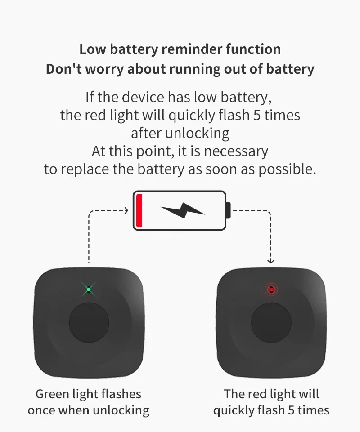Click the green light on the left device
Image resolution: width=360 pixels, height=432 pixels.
pyautogui.click(x=89, y=289)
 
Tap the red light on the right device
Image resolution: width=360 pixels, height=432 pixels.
pyautogui.click(x=271, y=290)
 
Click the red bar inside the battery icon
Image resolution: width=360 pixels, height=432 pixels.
pyautogui.click(x=139, y=211)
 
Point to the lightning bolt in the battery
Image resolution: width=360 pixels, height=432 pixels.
pyautogui.click(x=183, y=210)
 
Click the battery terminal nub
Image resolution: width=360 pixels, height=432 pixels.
pyautogui.click(x=228, y=210)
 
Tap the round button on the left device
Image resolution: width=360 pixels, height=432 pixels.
pyautogui.click(x=89, y=323)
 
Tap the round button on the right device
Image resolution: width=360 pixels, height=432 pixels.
pyautogui.click(x=271, y=323)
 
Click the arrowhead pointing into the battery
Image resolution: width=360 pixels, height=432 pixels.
pyautogui.click(x=126, y=210)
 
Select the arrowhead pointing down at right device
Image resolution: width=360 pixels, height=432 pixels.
pyautogui.click(x=271, y=261)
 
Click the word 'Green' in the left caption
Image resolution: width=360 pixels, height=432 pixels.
pyautogui.click(x=52, y=394)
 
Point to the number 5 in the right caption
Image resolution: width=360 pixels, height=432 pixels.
pyautogui.click(x=291, y=410)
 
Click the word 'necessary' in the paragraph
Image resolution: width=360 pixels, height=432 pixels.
pyautogui.click(x=236, y=151)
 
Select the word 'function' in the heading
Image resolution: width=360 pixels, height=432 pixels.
pyautogui.click(x=253, y=49)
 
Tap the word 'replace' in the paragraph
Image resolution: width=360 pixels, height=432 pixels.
pyautogui.click(x=85, y=169)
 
